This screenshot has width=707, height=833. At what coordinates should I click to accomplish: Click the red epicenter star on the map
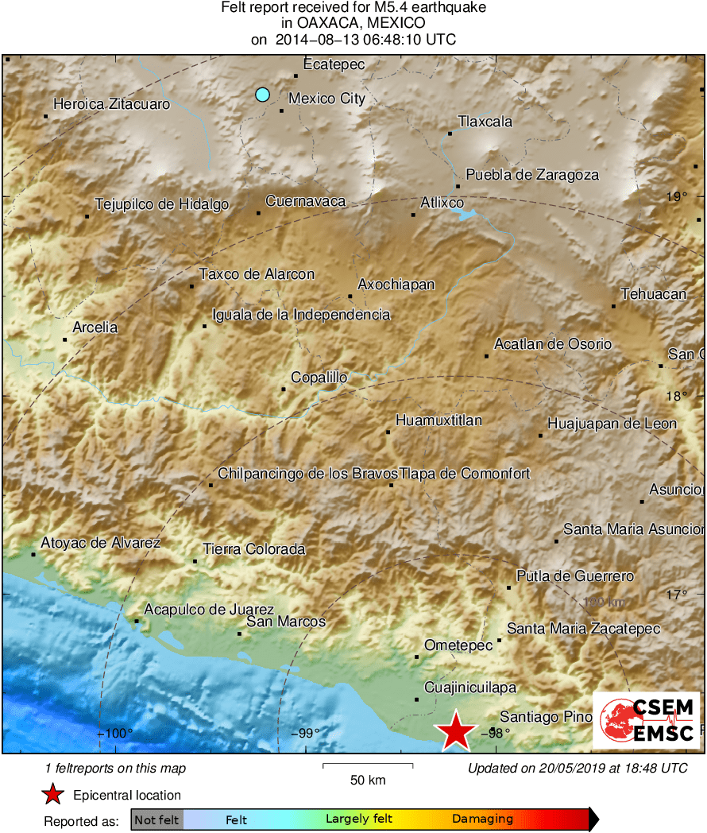[456, 732]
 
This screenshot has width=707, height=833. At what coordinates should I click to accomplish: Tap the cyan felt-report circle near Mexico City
[262, 95]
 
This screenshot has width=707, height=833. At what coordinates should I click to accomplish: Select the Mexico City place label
[326, 99]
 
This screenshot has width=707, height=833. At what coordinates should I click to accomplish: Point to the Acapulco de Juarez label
[209, 610]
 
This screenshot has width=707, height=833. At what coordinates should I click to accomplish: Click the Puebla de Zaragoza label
[532, 175]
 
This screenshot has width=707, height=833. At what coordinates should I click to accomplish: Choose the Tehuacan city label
[653, 294]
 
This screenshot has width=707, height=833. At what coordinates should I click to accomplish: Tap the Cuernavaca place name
[306, 201]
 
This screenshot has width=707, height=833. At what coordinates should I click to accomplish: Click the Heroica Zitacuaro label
[111, 104]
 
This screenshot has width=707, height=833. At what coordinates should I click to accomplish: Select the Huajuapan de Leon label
[612, 424]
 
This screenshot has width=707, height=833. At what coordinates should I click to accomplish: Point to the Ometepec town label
[458, 645]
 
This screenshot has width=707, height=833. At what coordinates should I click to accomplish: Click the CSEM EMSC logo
[647, 719]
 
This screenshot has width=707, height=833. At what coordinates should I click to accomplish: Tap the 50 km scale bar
[368, 766]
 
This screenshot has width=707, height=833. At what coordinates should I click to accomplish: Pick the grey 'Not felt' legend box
[156, 819]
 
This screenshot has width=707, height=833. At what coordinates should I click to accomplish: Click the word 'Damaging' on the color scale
[482, 819]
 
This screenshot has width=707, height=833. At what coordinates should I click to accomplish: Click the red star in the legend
[52, 795]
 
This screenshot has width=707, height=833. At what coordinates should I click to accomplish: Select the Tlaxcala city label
[485, 122]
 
